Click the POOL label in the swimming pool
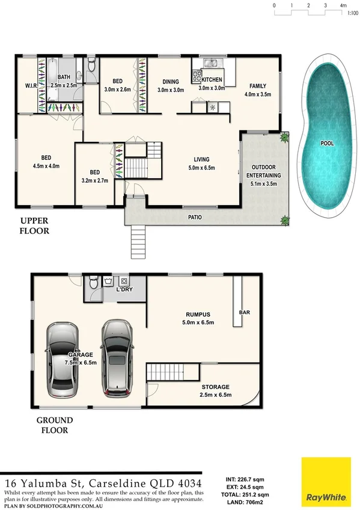(327, 144)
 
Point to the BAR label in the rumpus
(245, 313)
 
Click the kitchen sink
(211, 63)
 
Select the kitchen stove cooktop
(197, 76)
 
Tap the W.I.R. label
(31, 85)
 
